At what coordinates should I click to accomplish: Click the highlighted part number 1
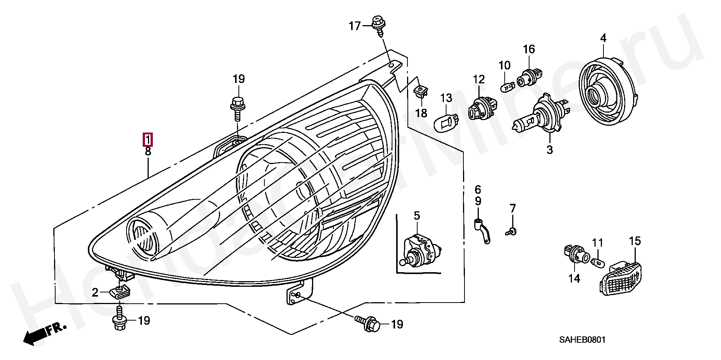point(148,140)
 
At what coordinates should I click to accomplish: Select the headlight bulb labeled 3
point(542,114)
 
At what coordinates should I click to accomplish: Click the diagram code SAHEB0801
point(582,340)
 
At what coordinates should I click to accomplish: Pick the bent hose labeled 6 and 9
point(481,231)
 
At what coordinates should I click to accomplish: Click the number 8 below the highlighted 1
point(148,152)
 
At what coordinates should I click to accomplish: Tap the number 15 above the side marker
point(635,241)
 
